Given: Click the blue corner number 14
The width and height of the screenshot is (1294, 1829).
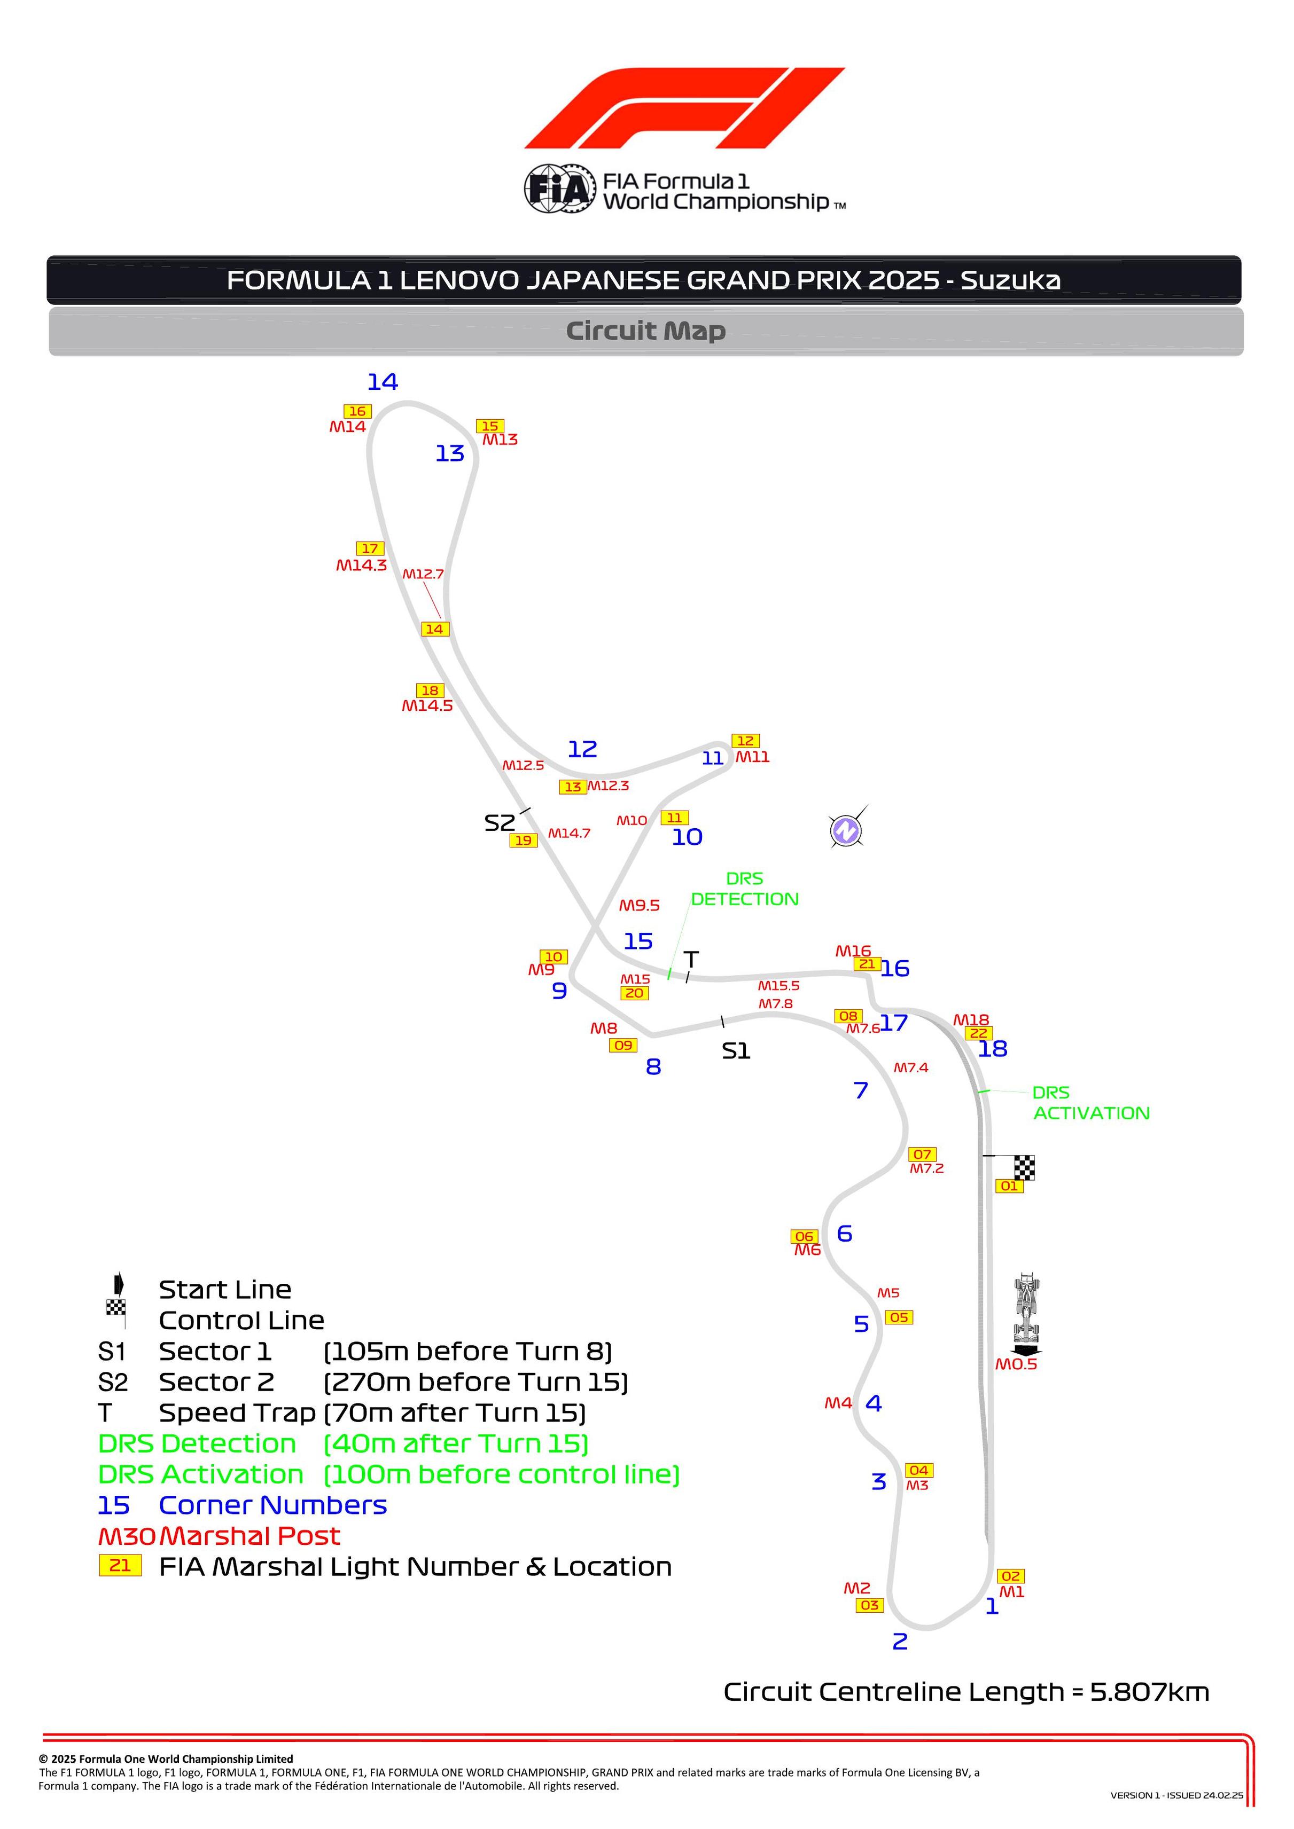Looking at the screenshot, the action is [383, 382].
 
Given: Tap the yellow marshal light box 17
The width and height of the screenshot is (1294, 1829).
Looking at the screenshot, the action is [370, 549].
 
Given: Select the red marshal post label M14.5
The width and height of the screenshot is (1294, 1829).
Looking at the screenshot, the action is [427, 706].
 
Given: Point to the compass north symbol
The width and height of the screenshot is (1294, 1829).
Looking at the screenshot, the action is [846, 831].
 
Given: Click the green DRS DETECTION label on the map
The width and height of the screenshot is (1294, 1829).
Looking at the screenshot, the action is [744, 889].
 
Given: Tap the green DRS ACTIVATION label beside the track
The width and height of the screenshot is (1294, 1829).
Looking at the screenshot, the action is [1091, 1103].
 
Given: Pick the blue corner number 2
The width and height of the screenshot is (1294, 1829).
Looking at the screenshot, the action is [900, 1642].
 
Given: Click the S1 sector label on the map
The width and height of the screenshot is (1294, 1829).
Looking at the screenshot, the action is [736, 1051].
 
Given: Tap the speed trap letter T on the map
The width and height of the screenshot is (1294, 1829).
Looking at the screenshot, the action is [692, 960].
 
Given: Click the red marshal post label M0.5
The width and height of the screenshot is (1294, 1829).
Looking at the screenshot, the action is [1016, 1364].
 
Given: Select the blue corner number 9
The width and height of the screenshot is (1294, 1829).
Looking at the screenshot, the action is [559, 991].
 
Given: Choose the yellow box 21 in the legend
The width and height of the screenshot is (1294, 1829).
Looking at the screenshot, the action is [120, 1565].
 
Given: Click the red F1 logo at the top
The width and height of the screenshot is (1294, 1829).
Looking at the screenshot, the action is [684, 108].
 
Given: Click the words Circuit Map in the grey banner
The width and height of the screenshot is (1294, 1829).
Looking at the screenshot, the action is [645, 331].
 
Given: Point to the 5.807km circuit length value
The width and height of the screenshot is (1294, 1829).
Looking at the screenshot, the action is [1150, 1692].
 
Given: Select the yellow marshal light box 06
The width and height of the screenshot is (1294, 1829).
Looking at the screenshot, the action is [805, 1236].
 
